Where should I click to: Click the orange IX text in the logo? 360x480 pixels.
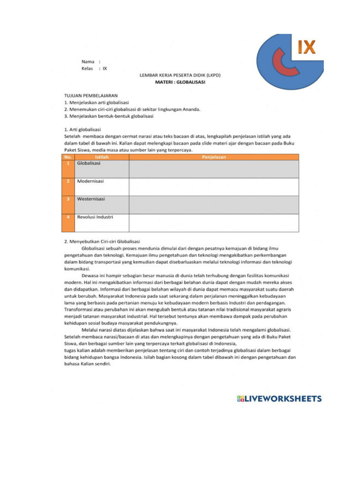[x=307, y=47]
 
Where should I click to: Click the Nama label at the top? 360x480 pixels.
[x=88, y=61]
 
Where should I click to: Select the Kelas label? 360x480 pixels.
[x=88, y=68]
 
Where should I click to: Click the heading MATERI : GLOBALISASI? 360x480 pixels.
[x=180, y=82]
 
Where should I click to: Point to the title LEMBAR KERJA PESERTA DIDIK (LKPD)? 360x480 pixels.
[x=180, y=75]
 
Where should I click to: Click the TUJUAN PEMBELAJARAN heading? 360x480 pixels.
[x=91, y=95]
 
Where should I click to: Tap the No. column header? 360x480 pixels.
[x=68, y=157]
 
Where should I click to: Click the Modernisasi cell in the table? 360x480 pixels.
[x=90, y=181]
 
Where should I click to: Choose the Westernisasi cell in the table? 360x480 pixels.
[x=91, y=199]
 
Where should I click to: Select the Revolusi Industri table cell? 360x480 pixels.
[x=95, y=217]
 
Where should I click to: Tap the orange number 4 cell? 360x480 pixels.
[x=68, y=223]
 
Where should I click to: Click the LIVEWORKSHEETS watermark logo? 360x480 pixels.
[x=279, y=399]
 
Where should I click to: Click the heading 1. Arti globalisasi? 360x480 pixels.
[x=82, y=129]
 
